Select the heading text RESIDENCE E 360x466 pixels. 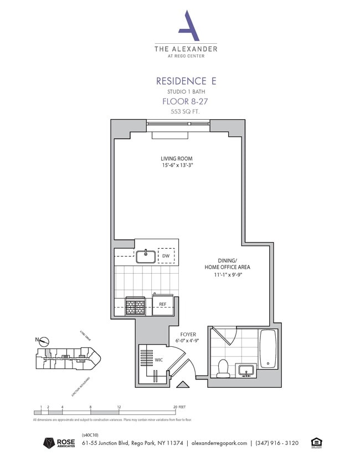186,81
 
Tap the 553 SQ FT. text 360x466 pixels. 186,111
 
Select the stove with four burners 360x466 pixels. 136,305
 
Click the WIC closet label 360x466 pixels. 159,360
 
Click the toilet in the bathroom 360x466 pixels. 224,368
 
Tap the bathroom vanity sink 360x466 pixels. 246,370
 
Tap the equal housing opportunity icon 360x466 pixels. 317,442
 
